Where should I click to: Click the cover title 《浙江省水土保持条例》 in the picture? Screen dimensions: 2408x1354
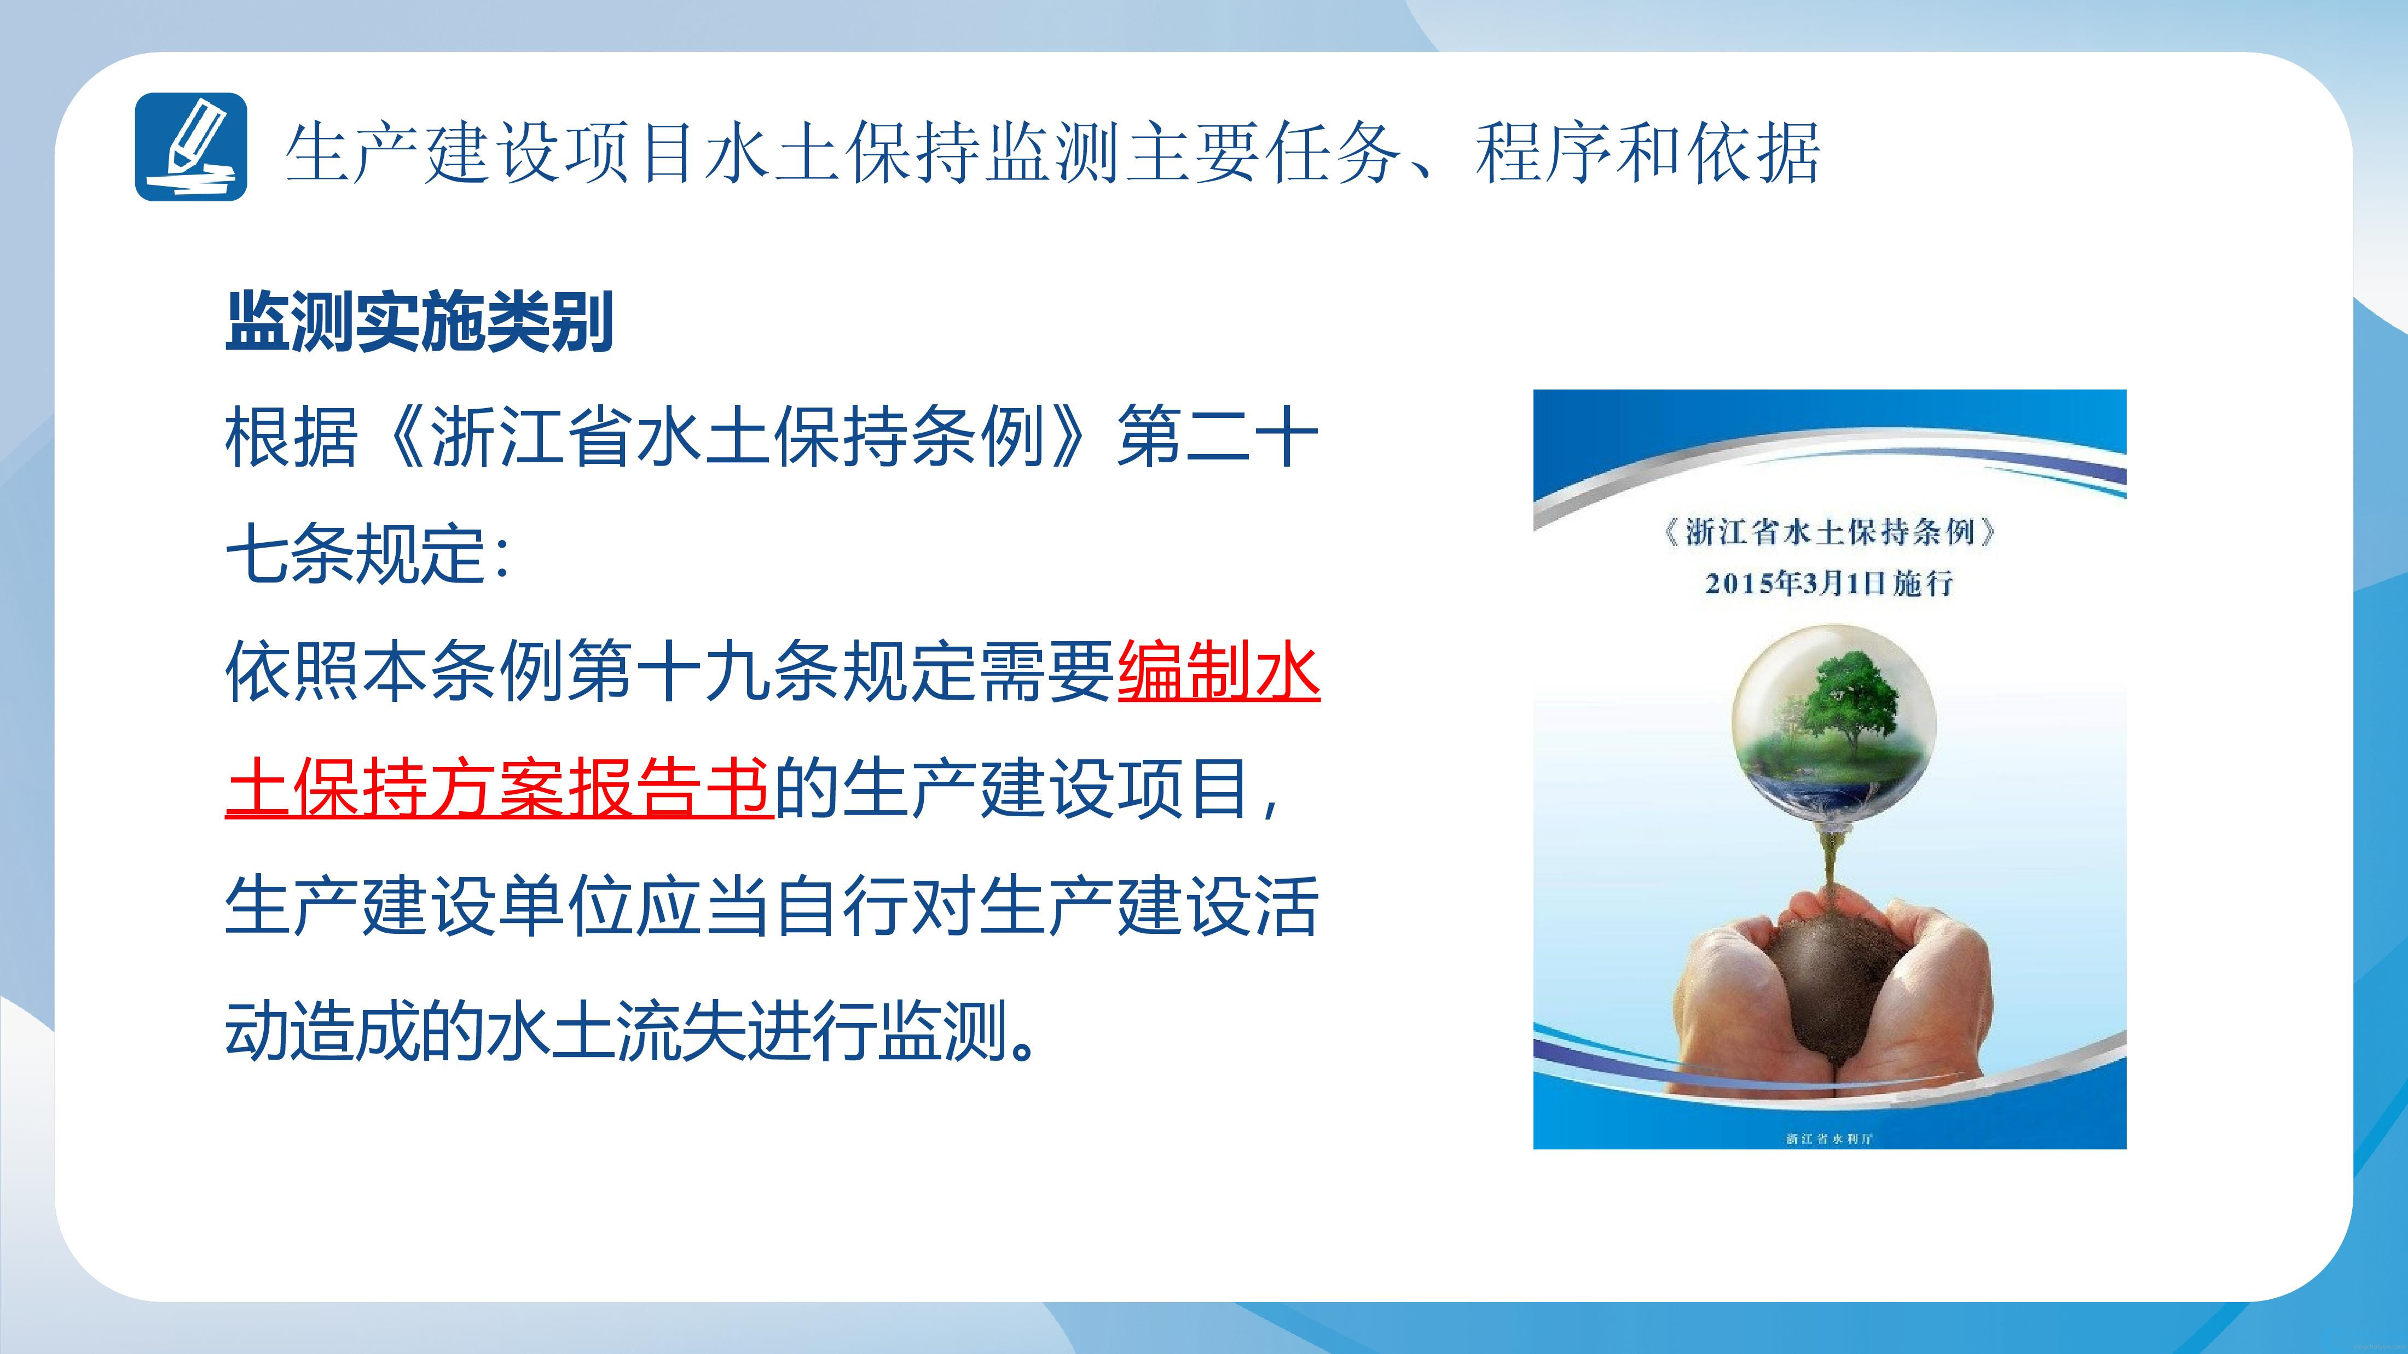tap(1830, 533)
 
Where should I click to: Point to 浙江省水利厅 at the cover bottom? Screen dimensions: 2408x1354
tap(1830, 1138)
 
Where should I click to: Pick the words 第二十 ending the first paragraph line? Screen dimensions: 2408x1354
tap(1218, 437)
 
